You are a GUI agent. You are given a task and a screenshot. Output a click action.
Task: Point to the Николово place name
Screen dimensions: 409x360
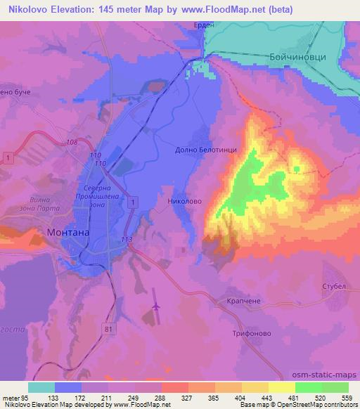(186, 201)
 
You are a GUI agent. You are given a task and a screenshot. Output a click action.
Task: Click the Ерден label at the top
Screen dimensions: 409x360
(203, 25)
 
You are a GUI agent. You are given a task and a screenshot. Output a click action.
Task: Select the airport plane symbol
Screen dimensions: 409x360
(156, 306)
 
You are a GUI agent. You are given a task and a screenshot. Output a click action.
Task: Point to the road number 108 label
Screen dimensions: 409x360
(72, 143)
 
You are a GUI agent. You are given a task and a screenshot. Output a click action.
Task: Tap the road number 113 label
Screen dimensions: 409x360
(127, 240)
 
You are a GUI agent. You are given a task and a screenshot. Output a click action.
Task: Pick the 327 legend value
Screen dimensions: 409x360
(186, 398)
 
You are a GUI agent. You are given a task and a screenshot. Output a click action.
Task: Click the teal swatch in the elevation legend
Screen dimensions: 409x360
(41, 387)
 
